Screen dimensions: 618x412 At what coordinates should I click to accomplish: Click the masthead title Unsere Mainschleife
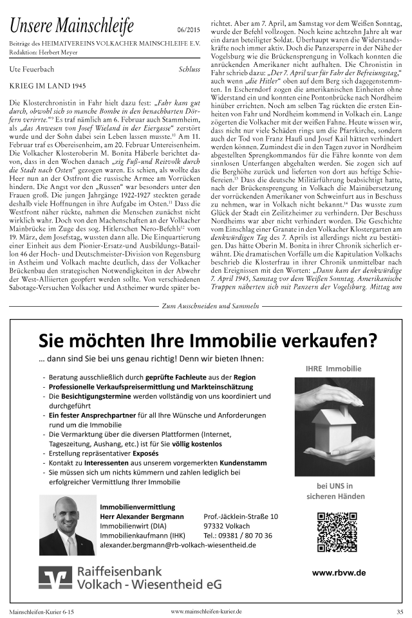[x=71, y=26]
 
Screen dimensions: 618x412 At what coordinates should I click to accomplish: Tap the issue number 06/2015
[x=188, y=30]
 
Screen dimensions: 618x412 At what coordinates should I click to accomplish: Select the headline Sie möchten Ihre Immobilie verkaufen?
[x=207, y=339]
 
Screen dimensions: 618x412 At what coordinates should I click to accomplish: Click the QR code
[x=333, y=531]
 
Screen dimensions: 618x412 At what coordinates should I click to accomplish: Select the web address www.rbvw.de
[x=339, y=572]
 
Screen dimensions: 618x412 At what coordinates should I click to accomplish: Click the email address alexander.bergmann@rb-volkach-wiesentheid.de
[x=178, y=545]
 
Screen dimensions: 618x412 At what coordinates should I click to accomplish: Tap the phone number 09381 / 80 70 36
[x=237, y=535]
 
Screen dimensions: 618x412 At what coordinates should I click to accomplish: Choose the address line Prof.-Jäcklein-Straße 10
[x=241, y=516]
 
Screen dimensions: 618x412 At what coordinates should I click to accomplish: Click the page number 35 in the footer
[x=400, y=611]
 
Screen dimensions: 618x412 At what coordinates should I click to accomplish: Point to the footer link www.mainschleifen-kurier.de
[x=206, y=611]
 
